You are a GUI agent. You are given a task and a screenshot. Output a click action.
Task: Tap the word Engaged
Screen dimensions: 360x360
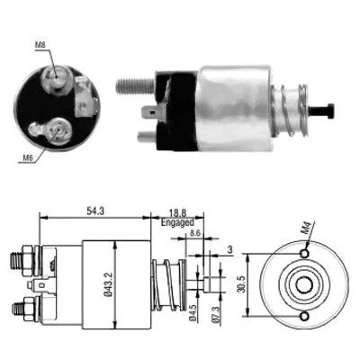click(x=176, y=220)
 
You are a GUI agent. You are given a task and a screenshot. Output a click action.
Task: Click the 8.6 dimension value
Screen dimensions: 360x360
click(x=195, y=233)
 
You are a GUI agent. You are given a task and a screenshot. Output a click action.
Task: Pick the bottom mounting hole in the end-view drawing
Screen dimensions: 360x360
click(x=304, y=317)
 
